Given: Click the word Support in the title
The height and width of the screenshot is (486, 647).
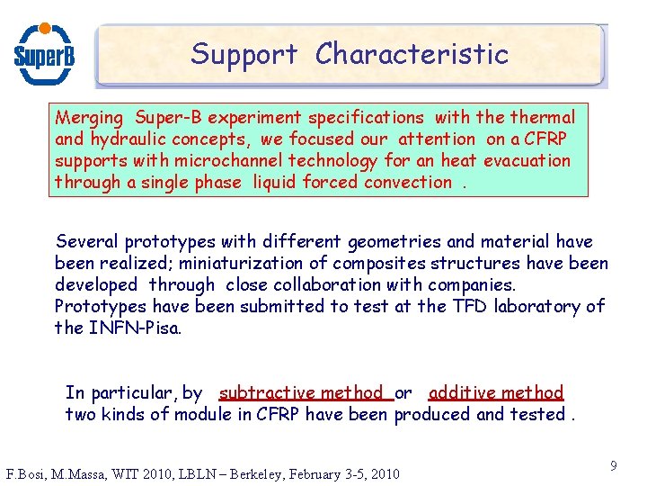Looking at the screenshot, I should tap(244, 54).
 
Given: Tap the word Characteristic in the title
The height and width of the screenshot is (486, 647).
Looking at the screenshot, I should tap(412, 54).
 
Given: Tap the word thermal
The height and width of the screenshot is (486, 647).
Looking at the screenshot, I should tap(542, 118).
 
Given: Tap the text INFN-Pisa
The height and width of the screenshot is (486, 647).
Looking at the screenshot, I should tap(135, 328).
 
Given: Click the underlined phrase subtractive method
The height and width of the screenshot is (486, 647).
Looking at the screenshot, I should tap(301, 393).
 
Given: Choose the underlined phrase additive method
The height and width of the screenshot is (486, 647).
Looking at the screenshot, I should tap(496, 393).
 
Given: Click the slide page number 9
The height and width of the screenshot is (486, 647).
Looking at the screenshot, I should tap(613, 466).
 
